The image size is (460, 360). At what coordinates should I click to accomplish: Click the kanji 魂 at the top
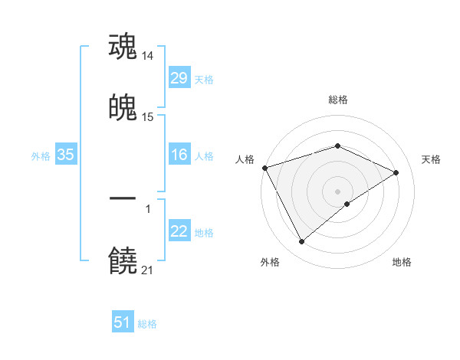pos(123,47)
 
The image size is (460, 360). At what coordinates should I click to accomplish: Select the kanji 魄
pos(123,109)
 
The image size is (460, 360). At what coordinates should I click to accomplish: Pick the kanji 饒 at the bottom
pos(123,261)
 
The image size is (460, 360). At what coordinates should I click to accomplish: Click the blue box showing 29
pos(179,78)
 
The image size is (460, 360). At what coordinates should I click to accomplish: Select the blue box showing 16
pos(179,155)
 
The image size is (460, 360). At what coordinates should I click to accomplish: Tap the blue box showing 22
pos(179,232)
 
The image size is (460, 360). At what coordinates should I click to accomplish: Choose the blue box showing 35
pos(65,155)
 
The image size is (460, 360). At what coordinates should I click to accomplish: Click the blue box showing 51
pos(123,323)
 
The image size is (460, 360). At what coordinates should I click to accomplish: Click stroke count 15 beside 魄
pos(149,117)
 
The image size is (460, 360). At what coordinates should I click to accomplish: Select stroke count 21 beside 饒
pos(148,270)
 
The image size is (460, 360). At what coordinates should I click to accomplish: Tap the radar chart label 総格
pos(338,100)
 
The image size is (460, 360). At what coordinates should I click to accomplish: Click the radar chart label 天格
pos(432,159)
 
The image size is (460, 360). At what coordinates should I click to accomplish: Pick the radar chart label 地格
pos(402,262)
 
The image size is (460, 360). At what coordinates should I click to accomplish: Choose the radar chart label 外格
pos(270,262)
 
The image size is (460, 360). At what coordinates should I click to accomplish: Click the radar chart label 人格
pos(245,159)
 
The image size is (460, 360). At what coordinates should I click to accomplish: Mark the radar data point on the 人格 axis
pos(264,168)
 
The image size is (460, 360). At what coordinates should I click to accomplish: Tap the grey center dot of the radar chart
pos(337,191)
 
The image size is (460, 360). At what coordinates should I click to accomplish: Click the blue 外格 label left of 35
pos(41,155)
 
